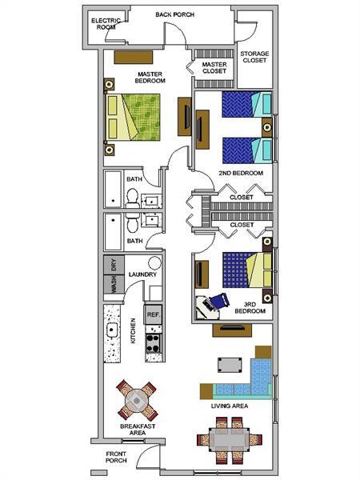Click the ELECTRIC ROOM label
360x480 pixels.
(x=103, y=22)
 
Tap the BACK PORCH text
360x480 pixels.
(x=175, y=14)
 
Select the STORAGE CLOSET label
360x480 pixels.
(x=255, y=57)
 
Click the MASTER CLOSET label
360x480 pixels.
(x=214, y=67)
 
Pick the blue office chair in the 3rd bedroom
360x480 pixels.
(x=216, y=302)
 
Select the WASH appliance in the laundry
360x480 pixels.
(x=114, y=285)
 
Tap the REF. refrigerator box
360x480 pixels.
(x=154, y=315)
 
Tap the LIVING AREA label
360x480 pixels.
(x=229, y=406)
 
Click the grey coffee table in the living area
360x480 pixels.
(x=231, y=365)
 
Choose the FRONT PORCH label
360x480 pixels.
(x=116, y=458)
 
